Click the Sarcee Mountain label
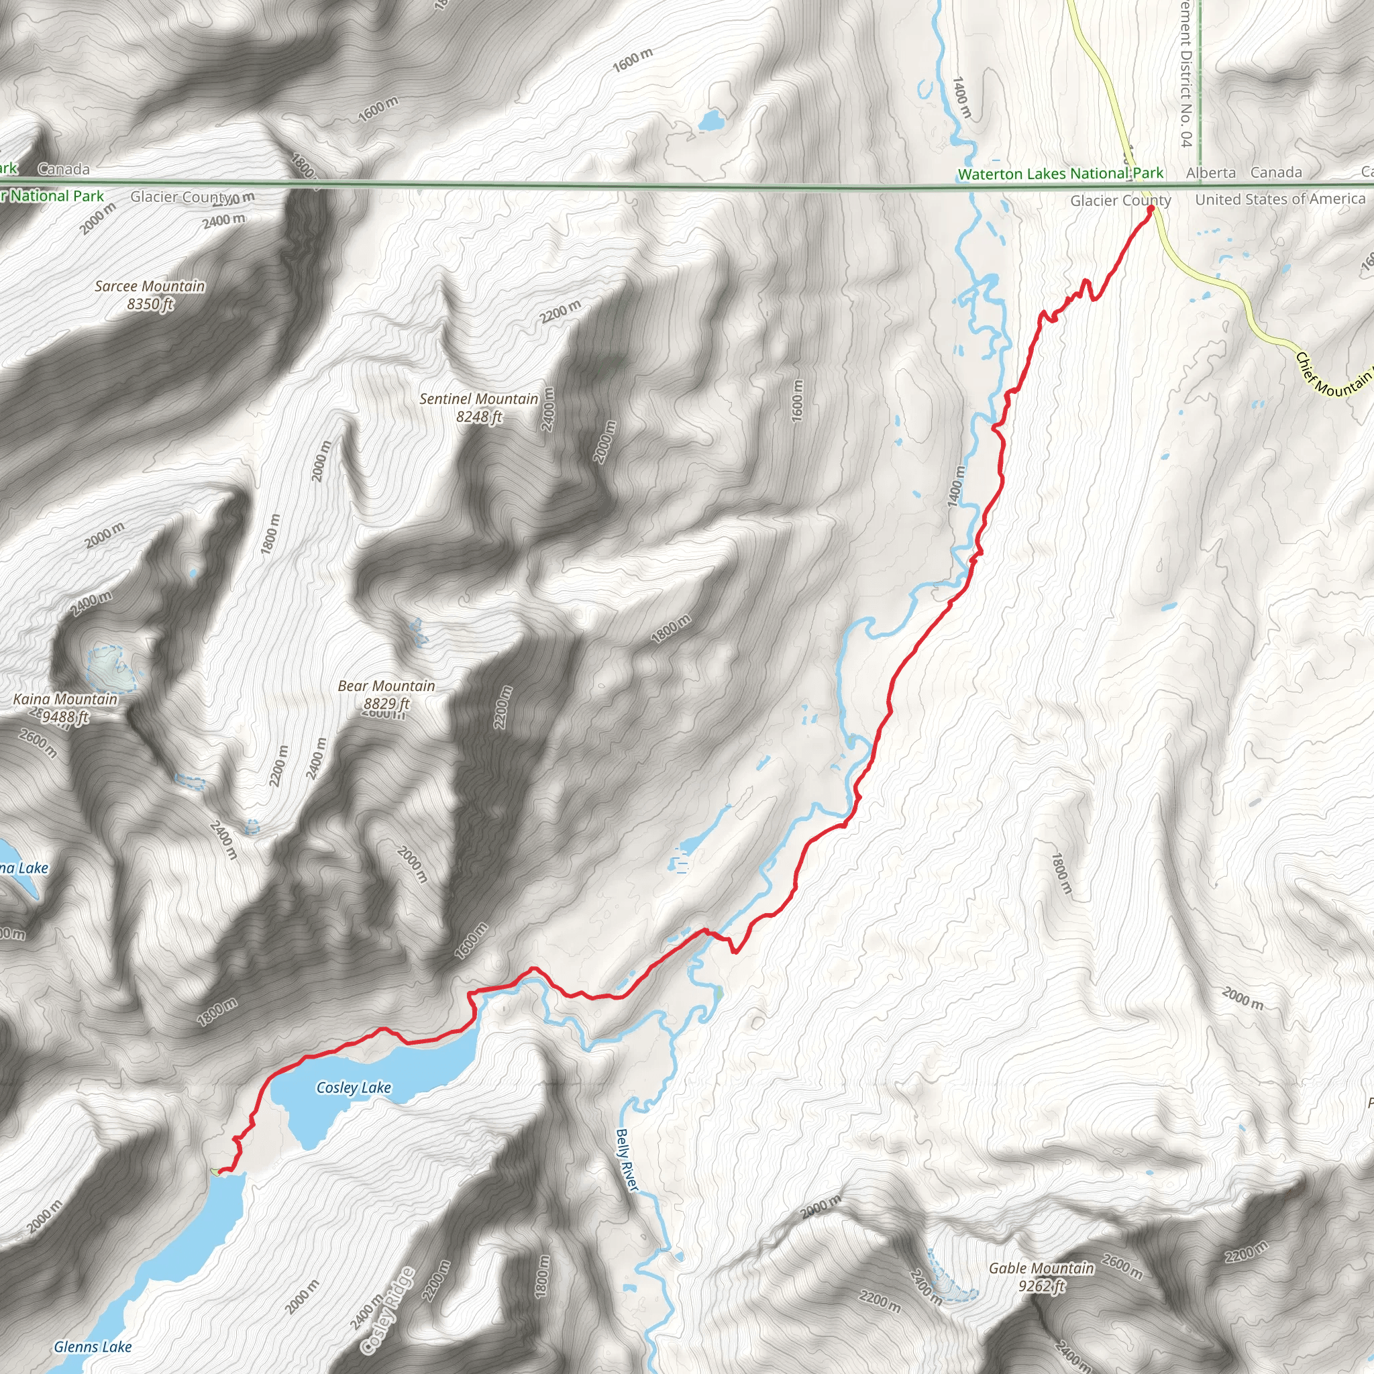pyautogui.click(x=150, y=286)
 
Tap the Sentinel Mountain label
pyautogui.click(x=478, y=399)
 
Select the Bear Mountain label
pyautogui.click(x=386, y=686)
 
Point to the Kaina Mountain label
pyautogui.click(x=66, y=699)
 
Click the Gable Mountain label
pyautogui.click(x=1041, y=1268)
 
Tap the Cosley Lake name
pyautogui.click(x=354, y=1088)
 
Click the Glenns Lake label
pyautogui.click(x=93, y=1346)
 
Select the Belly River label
pyautogui.click(x=627, y=1159)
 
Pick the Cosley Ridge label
pyautogui.click(x=388, y=1311)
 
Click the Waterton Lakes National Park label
pyautogui.click(x=1061, y=174)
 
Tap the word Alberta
pyautogui.click(x=1210, y=173)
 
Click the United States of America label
pyautogui.click(x=1280, y=199)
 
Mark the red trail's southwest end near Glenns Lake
pyautogui.click(x=220, y=1171)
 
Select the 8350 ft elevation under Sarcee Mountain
pyautogui.click(x=150, y=305)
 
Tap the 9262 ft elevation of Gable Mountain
pyautogui.click(x=1041, y=1286)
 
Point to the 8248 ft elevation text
pyautogui.click(x=478, y=417)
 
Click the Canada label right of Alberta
pyautogui.click(x=1276, y=173)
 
